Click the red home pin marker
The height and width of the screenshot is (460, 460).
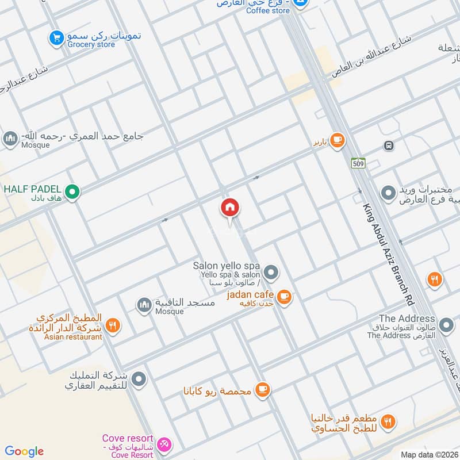(x=230, y=208)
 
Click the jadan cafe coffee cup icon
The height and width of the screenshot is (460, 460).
(x=283, y=297)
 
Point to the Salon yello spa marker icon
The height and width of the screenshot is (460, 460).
(x=271, y=271)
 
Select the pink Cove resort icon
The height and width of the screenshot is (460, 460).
(x=165, y=443)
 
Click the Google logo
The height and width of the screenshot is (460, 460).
(x=24, y=451)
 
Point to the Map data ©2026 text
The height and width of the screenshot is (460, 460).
(x=428, y=454)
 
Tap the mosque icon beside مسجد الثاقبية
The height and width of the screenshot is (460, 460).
(x=144, y=304)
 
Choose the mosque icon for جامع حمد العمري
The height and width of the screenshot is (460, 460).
(x=10, y=139)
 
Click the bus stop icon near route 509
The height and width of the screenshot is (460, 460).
(x=389, y=145)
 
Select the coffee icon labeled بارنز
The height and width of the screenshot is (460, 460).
(x=337, y=140)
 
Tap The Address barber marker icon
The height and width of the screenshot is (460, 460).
(x=446, y=326)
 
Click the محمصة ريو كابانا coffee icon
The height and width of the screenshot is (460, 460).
(x=263, y=390)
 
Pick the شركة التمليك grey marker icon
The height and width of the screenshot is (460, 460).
(x=139, y=379)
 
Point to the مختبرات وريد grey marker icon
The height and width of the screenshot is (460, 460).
(x=389, y=193)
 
